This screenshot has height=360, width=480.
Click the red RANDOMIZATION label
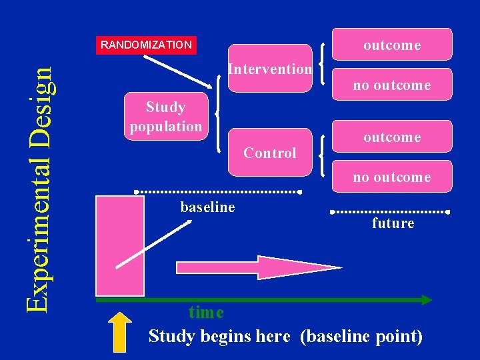pyautogui.click(x=146, y=45)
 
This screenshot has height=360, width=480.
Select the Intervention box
pyautogui.click(x=270, y=69)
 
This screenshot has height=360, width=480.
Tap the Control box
pyautogui.click(x=270, y=153)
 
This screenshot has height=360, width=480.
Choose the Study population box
pyautogui.click(x=166, y=116)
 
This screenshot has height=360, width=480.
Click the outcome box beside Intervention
pyautogui.click(x=391, y=45)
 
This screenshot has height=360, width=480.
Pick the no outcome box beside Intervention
pyautogui.click(x=391, y=85)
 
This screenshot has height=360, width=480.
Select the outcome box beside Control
pyautogui.click(x=391, y=137)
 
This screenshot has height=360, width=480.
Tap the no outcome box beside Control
pyautogui.click(x=391, y=177)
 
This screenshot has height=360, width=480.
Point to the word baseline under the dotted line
pyautogui.click(x=207, y=207)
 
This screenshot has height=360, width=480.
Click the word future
pyautogui.click(x=393, y=223)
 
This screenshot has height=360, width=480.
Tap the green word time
pyautogui.click(x=206, y=312)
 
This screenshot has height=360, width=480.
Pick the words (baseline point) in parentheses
pyautogui.click(x=361, y=336)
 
